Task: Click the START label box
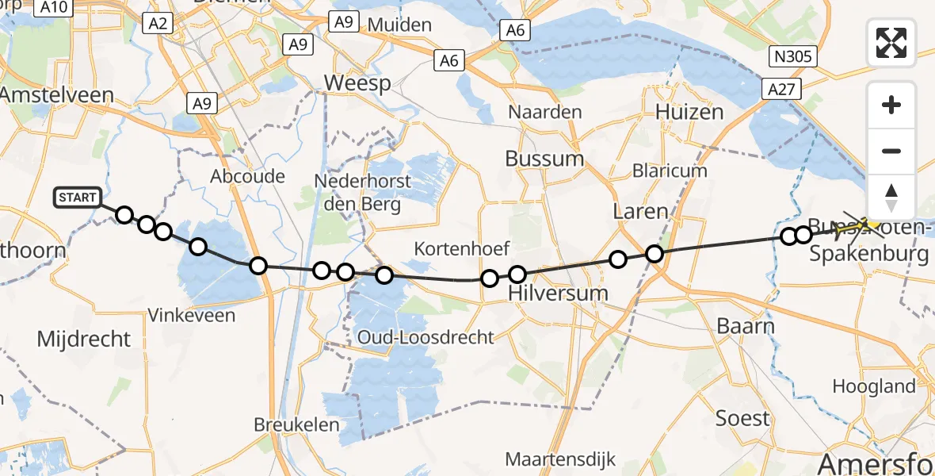tap(78, 198)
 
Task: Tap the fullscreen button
tap(891, 43)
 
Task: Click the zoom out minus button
tap(891, 151)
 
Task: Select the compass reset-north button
tap(891, 198)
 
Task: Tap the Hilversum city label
tap(557, 293)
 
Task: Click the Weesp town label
tap(357, 83)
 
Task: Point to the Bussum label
tap(544, 159)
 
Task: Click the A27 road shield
tap(780, 90)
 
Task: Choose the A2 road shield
tap(158, 25)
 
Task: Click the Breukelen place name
tap(296, 425)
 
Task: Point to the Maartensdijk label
tap(560, 460)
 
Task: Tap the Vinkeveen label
tap(192, 316)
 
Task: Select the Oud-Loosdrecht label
tap(426, 337)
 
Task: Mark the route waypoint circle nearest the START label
tap(124, 215)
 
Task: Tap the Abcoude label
tap(247, 176)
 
